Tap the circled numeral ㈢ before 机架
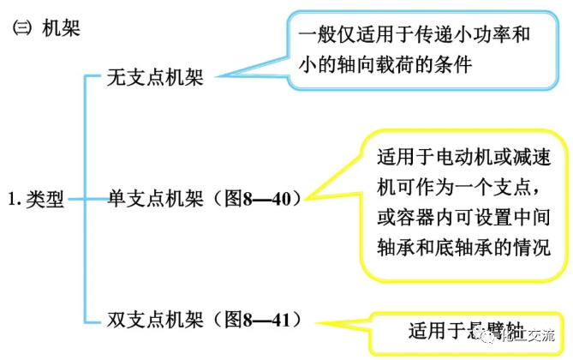(x=21, y=29)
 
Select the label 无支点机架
(x=154, y=78)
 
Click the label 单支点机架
(x=154, y=199)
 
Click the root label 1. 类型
(x=35, y=200)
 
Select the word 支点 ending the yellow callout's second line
(x=534, y=188)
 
